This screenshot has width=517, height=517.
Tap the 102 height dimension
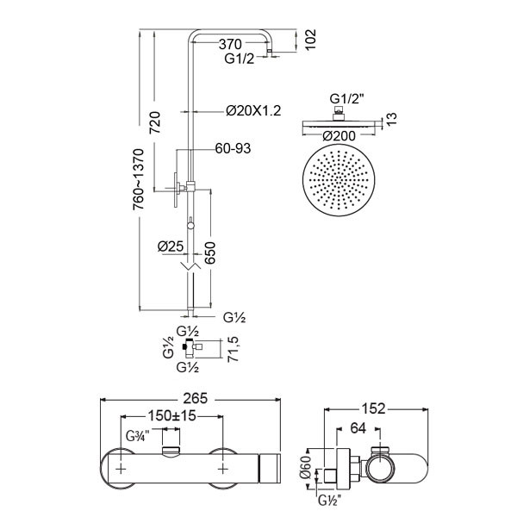pos(310,40)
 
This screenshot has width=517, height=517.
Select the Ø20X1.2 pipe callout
pos(253,111)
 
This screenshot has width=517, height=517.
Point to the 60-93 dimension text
pos(233,148)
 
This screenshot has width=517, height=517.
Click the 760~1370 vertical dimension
pos(139,179)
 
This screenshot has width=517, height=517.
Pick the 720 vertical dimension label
pos(154,122)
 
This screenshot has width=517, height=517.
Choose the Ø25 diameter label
pos(171,246)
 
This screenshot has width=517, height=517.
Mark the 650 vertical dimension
pos(209,252)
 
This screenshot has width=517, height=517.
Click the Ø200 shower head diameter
pos(339,136)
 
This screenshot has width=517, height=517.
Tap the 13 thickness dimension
pos(391,119)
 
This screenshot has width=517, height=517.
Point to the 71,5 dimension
pos(234,349)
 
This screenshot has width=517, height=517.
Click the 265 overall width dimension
pos(196,398)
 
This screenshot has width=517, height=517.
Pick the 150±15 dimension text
pos(171,416)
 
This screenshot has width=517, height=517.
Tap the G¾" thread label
pos(138,437)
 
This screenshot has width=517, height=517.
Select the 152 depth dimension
pos(373,408)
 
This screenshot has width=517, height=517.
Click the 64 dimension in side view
pos(358,428)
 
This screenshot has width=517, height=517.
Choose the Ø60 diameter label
pos(305,467)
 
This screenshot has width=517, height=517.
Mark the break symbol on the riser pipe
pos(190,265)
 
